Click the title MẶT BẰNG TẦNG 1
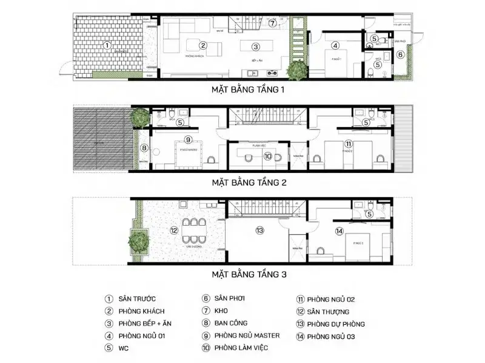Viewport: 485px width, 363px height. click(x=247, y=90)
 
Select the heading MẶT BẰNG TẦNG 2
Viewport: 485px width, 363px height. click(x=247, y=181)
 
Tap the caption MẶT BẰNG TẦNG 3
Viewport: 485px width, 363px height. click(x=247, y=273)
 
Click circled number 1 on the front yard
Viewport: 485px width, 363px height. click(x=107, y=44)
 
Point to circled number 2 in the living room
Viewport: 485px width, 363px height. click(x=204, y=45)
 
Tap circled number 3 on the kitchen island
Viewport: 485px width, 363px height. click(x=256, y=46)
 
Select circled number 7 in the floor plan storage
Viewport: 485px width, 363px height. click(x=272, y=24)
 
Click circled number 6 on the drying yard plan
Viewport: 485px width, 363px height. click(x=400, y=54)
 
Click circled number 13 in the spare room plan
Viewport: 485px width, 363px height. click(x=259, y=231)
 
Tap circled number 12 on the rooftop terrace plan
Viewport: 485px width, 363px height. click(x=174, y=231)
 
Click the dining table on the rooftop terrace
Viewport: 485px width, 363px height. click(x=195, y=231)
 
